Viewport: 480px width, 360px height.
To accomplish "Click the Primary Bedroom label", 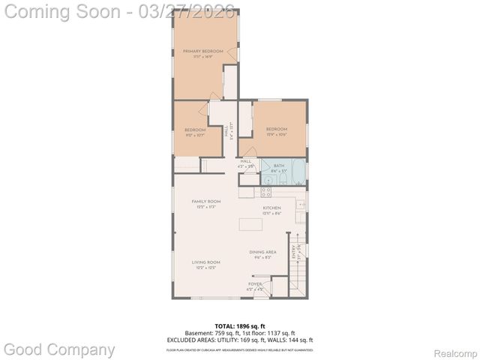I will (x=203, y=52).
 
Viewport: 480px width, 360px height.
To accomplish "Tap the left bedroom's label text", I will (x=195, y=130).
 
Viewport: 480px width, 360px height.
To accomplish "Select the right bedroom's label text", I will (x=277, y=130).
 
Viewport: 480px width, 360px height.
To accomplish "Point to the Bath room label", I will (x=279, y=166).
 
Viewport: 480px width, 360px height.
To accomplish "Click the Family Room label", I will (x=205, y=202).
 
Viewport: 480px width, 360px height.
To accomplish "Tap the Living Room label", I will (x=205, y=262).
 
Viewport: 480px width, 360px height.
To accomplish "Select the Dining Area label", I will (x=263, y=253).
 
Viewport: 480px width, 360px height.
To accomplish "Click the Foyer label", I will (x=256, y=284).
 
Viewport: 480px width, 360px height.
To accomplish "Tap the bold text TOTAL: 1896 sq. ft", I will (x=239, y=325).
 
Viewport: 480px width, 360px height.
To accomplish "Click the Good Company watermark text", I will (x=60, y=349).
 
